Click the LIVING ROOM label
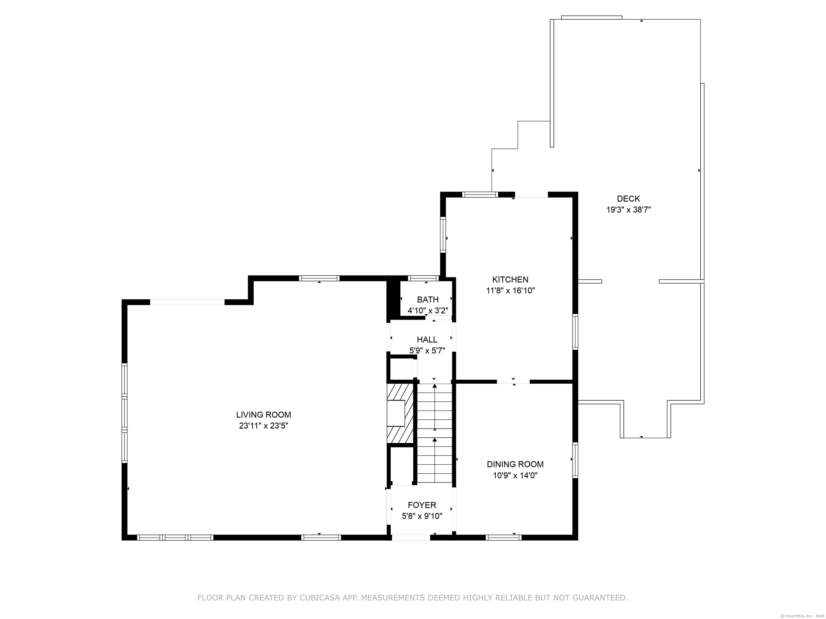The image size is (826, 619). tap(263, 415)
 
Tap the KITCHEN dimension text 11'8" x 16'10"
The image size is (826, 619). tap(510, 291)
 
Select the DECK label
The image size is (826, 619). tap(628, 199)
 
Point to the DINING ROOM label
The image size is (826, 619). tap(515, 464)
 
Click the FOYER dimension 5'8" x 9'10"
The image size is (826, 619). tap(422, 516)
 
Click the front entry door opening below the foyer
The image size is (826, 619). tap(411, 538)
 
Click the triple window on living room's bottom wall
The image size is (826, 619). tap(175, 538)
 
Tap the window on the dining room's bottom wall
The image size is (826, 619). tap(503, 538)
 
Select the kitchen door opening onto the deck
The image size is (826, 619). tap(531, 195)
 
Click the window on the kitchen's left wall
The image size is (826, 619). tap(443, 235)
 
